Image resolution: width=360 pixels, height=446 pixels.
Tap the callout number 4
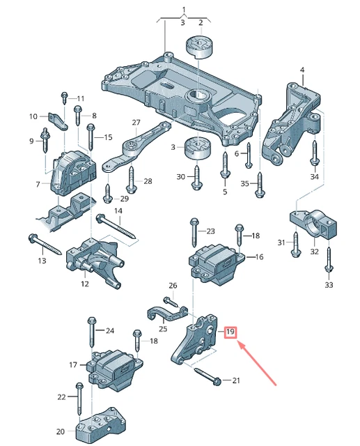[x=302, y=70]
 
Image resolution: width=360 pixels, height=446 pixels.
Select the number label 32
[x=315, y=252]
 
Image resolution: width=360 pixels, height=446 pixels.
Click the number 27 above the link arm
[x=136, y=122]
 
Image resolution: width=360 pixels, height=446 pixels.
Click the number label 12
[x=84, y=284]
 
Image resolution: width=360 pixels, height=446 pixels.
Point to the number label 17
[x=73, y=364]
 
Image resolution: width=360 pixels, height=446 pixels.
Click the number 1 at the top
[x=184, y=10]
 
